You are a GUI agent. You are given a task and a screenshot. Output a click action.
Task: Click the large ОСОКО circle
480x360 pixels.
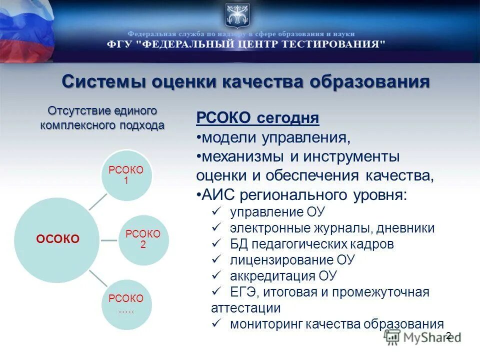point(57,239)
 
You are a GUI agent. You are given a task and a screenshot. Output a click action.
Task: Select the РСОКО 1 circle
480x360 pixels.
point(126,175)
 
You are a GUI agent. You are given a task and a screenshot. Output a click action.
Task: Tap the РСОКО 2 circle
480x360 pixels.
point(143,239)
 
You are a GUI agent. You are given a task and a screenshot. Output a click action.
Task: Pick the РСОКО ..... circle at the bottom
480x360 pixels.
point(126,304)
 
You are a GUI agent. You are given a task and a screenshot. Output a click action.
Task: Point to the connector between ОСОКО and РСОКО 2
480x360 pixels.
point(108,240)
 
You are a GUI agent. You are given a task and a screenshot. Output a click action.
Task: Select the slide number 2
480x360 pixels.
point(448,335)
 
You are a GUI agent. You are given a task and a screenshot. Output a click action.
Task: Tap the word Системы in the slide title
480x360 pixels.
point(102,81)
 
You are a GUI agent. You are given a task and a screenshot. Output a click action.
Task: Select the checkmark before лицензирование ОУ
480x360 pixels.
point(216,259)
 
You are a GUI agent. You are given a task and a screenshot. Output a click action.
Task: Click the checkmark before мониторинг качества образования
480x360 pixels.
point(216,323)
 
